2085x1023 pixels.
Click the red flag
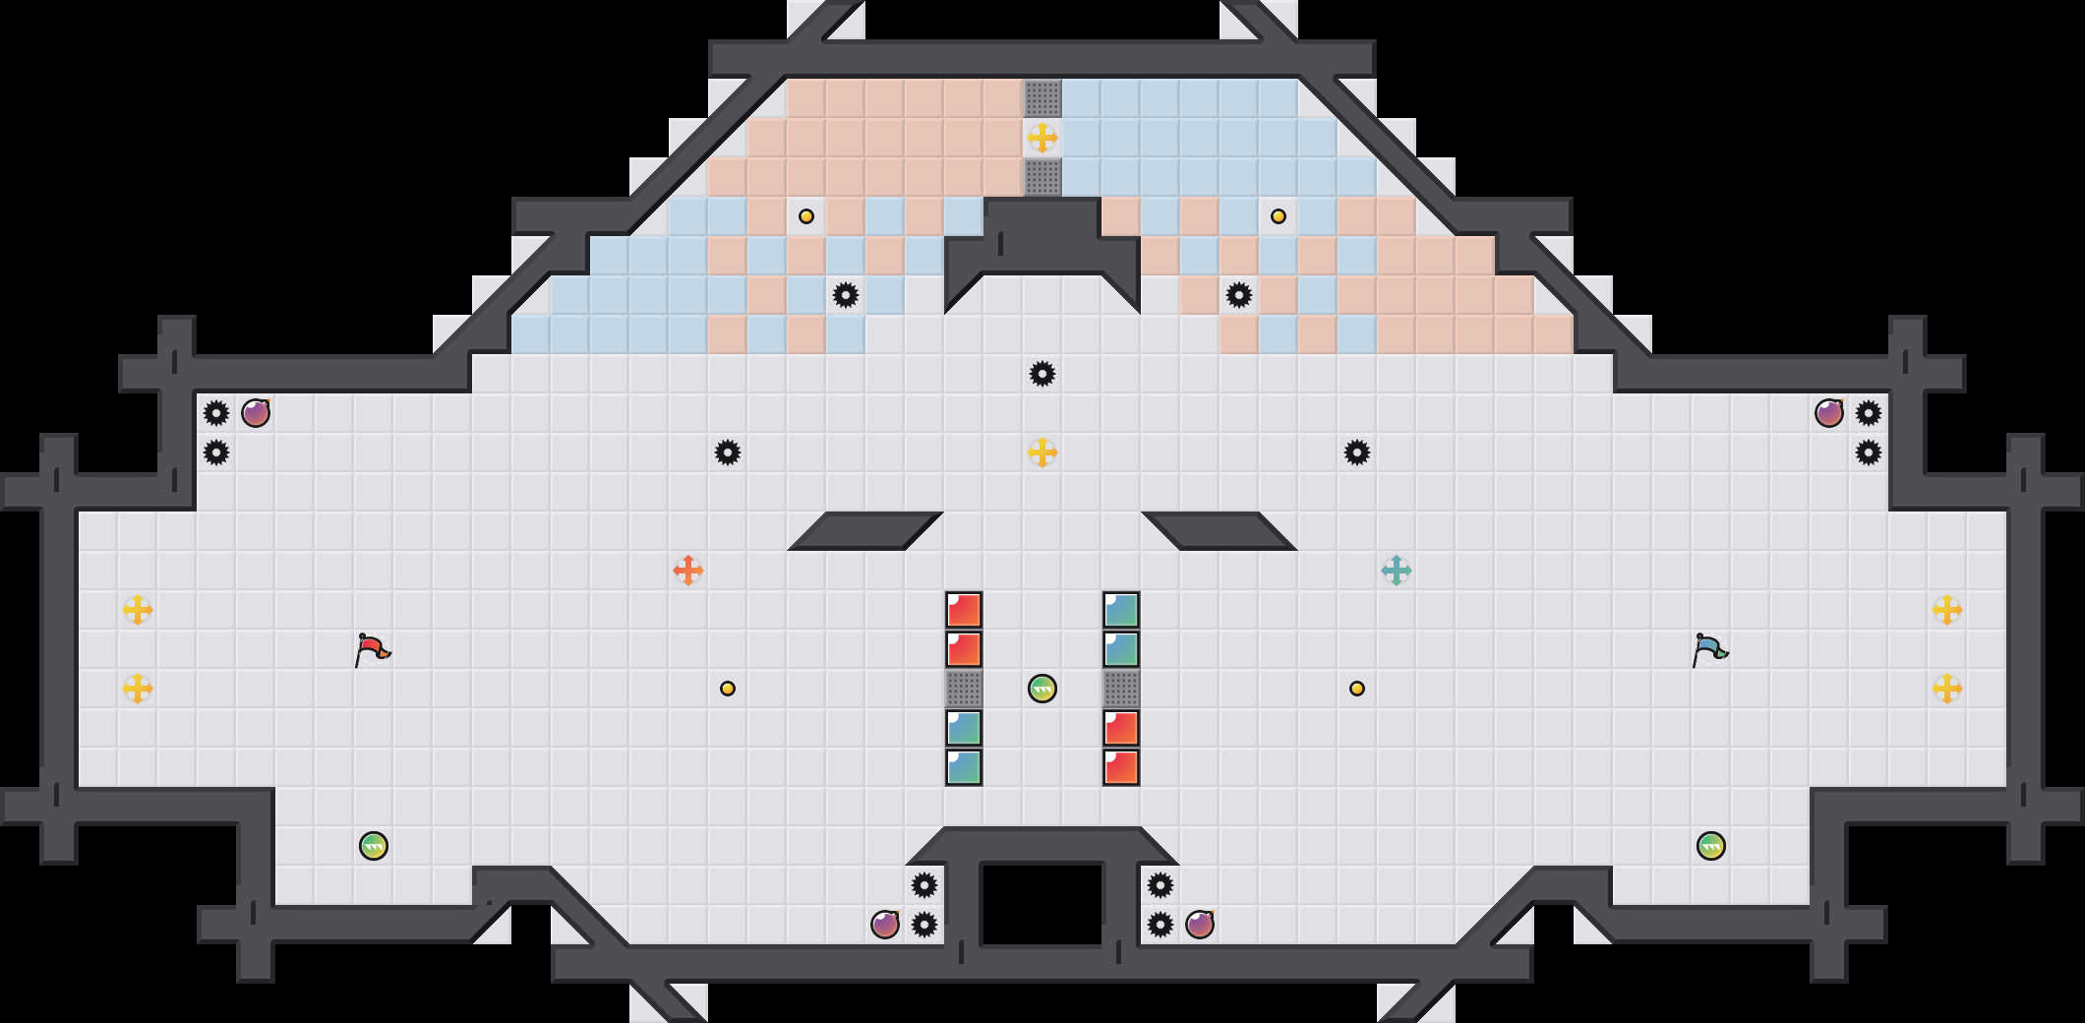(372, 649)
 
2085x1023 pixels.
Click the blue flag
(1709, 649)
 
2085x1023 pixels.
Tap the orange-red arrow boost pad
(688, 571)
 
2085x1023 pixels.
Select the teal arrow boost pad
(1397, 571)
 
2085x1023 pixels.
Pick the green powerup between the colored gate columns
(1042, 689)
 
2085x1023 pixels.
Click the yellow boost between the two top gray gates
(1042, 138)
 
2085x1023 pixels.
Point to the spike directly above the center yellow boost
(1042, 374)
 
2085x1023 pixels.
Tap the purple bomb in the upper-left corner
(256, 413)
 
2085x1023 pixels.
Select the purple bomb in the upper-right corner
(1829, 413)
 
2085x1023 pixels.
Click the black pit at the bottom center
(1042, 903)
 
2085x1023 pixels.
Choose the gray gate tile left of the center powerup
(964, 689)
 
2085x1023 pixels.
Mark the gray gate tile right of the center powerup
(1121, 689)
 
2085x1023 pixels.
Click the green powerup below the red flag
(374, 846)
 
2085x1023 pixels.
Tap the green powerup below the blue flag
(1711, 846)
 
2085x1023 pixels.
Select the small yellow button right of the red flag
(728, 689)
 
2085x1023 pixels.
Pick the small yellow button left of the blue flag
(1357, 689)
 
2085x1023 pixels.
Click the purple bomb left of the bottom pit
(885, 925)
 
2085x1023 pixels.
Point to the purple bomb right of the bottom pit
(1200, 925)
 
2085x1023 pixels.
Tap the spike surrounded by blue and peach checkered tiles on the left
(846, 295)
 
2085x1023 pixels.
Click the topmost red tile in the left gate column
(964, 610)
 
